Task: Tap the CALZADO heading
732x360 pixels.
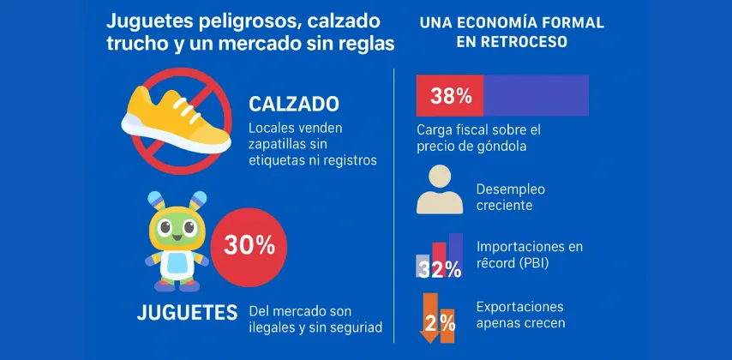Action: [293, 104]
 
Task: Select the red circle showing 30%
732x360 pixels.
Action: [249, 245]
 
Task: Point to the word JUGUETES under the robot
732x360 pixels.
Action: [186, 313]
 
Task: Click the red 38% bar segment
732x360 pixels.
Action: [449, 95]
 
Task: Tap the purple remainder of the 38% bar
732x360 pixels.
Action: [536, 95]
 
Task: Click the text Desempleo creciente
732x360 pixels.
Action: [510, 197]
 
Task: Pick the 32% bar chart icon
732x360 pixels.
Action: [440, 257]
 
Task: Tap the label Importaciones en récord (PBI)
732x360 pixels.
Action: [528, 255]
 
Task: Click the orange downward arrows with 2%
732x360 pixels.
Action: [438, 318]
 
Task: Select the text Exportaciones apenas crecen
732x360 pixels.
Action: [519, 315]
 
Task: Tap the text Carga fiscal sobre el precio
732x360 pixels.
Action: [479, 137]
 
